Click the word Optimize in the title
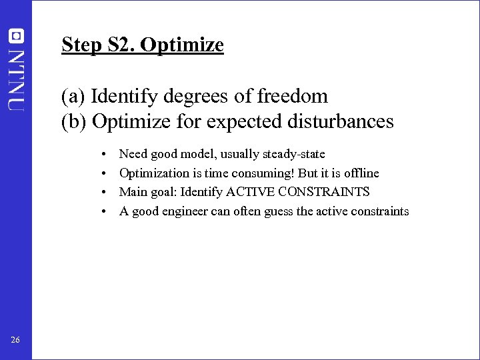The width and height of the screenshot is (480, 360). click(183, 45)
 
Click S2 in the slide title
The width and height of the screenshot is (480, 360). click(120, 45)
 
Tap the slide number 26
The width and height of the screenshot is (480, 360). click(15, 341)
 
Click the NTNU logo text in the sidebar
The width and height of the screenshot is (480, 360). click(16, 79)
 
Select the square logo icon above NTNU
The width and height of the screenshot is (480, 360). click(16, 36)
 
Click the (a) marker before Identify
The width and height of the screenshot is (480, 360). click(73, 97)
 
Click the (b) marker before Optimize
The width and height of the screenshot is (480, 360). click(74, 122)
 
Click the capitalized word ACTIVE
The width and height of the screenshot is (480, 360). click(251, 192)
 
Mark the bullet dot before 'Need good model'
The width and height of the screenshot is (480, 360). click(105, 155)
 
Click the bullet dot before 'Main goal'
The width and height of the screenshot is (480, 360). click(105, 193)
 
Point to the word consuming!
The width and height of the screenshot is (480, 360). click(261, 173)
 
